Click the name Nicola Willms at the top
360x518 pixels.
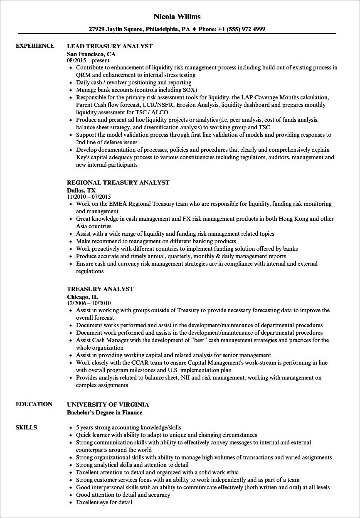click(177, 17)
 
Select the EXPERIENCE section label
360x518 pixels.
click(35, 46)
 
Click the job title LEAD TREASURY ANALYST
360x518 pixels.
click(110, 46)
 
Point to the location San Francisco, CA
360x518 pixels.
click(91, 54)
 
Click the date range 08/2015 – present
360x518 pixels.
click(88, 60)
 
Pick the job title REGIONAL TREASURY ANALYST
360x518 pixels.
click(118, 183)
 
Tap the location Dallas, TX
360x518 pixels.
click(81, 190)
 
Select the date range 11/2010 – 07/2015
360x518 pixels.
click(89, 197)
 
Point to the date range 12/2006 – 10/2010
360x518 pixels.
click(89, 303)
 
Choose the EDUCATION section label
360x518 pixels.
click(34, 404)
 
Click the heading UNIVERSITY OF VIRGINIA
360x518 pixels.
click(108, 405)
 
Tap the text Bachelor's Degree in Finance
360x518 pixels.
click(104, 412)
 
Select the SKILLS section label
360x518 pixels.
click(26, 427)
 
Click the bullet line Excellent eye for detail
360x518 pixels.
click(104, 502)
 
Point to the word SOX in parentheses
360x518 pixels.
click(190, 90)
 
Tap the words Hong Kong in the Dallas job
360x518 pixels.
click(292, 219)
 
